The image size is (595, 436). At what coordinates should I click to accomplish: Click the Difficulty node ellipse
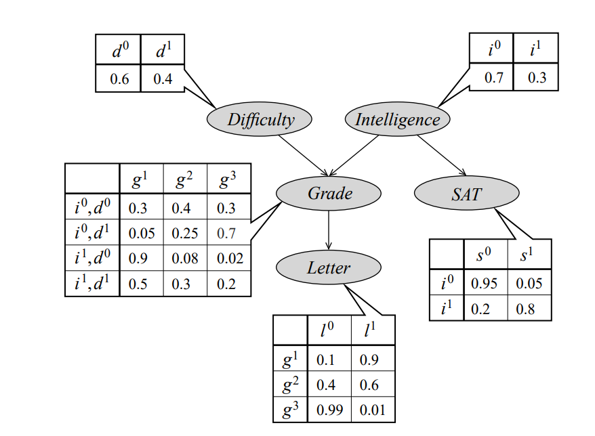coord(260,120)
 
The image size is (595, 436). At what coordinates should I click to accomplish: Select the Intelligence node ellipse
coord(397,120)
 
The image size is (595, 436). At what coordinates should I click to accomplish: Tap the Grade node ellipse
coord(329,194)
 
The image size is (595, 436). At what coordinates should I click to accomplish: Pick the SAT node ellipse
coord(466,194)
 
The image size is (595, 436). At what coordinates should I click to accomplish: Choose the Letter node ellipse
coord(329,267)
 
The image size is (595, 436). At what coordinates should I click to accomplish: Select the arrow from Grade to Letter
coord(329,230)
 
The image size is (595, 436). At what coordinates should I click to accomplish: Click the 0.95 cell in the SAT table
coord(484,282)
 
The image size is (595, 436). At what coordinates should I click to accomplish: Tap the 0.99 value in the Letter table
coord(330,410)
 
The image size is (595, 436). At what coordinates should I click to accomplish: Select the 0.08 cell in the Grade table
coord(185,258)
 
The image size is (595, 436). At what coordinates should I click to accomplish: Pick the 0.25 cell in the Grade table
coord(185,233)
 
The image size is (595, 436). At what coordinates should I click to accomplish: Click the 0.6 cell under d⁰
coord(119,79)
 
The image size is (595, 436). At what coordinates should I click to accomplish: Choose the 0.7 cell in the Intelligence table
coord(493,78)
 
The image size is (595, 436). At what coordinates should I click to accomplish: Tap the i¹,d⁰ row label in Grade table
coord(92,258)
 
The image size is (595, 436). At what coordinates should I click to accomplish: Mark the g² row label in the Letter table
coord(291,385)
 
